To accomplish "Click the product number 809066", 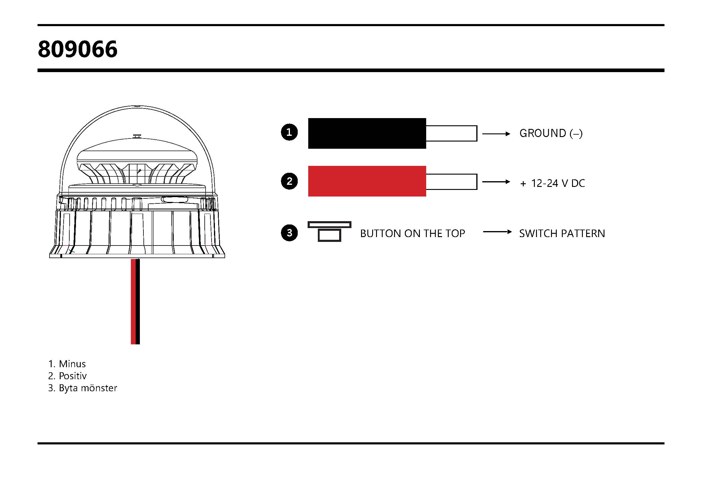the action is pyautogui.click(x=78, y=49).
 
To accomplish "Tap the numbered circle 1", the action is pyautogui.click(x=289, y=132).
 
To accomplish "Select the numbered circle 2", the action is pyautogui.click(x=289, y=181).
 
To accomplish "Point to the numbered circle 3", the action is pyautogui.click(x=289, y=233).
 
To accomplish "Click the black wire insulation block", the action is pyautogui.click(x=367, y=133).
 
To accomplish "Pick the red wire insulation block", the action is pyautogui.click(x=367, y=181).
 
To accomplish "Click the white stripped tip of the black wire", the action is pyautogui.click(x=452, y=133).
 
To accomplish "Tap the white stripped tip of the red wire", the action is pyautogui.click(x=452, y=182).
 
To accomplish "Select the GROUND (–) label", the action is pyautogui.click(x=551, y=133).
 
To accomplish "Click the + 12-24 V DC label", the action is pyautogui.click(x=553, y=183).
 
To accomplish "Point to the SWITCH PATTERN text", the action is pyautogui.click(x=562, y=233).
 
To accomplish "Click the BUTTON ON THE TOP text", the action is pyautogui.click(x=412, y=233).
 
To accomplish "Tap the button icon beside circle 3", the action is pyautogui.click(x=329, y=232).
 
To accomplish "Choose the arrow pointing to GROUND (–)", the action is pyautogui.click(x=496, y=134).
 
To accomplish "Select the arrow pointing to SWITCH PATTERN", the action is pyautogui.click(x=497, y=232).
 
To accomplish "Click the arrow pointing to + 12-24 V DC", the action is pyautogui.click(x=496, y=182).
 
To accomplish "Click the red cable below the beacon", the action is pyautogui.click(x=133, y=301).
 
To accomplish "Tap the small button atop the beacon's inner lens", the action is pyautogui.click(x=137, y=136).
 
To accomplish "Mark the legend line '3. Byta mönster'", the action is pyautogui.click(x=83, y=388).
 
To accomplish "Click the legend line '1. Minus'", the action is pyautogui.click(x=67, y=364).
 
